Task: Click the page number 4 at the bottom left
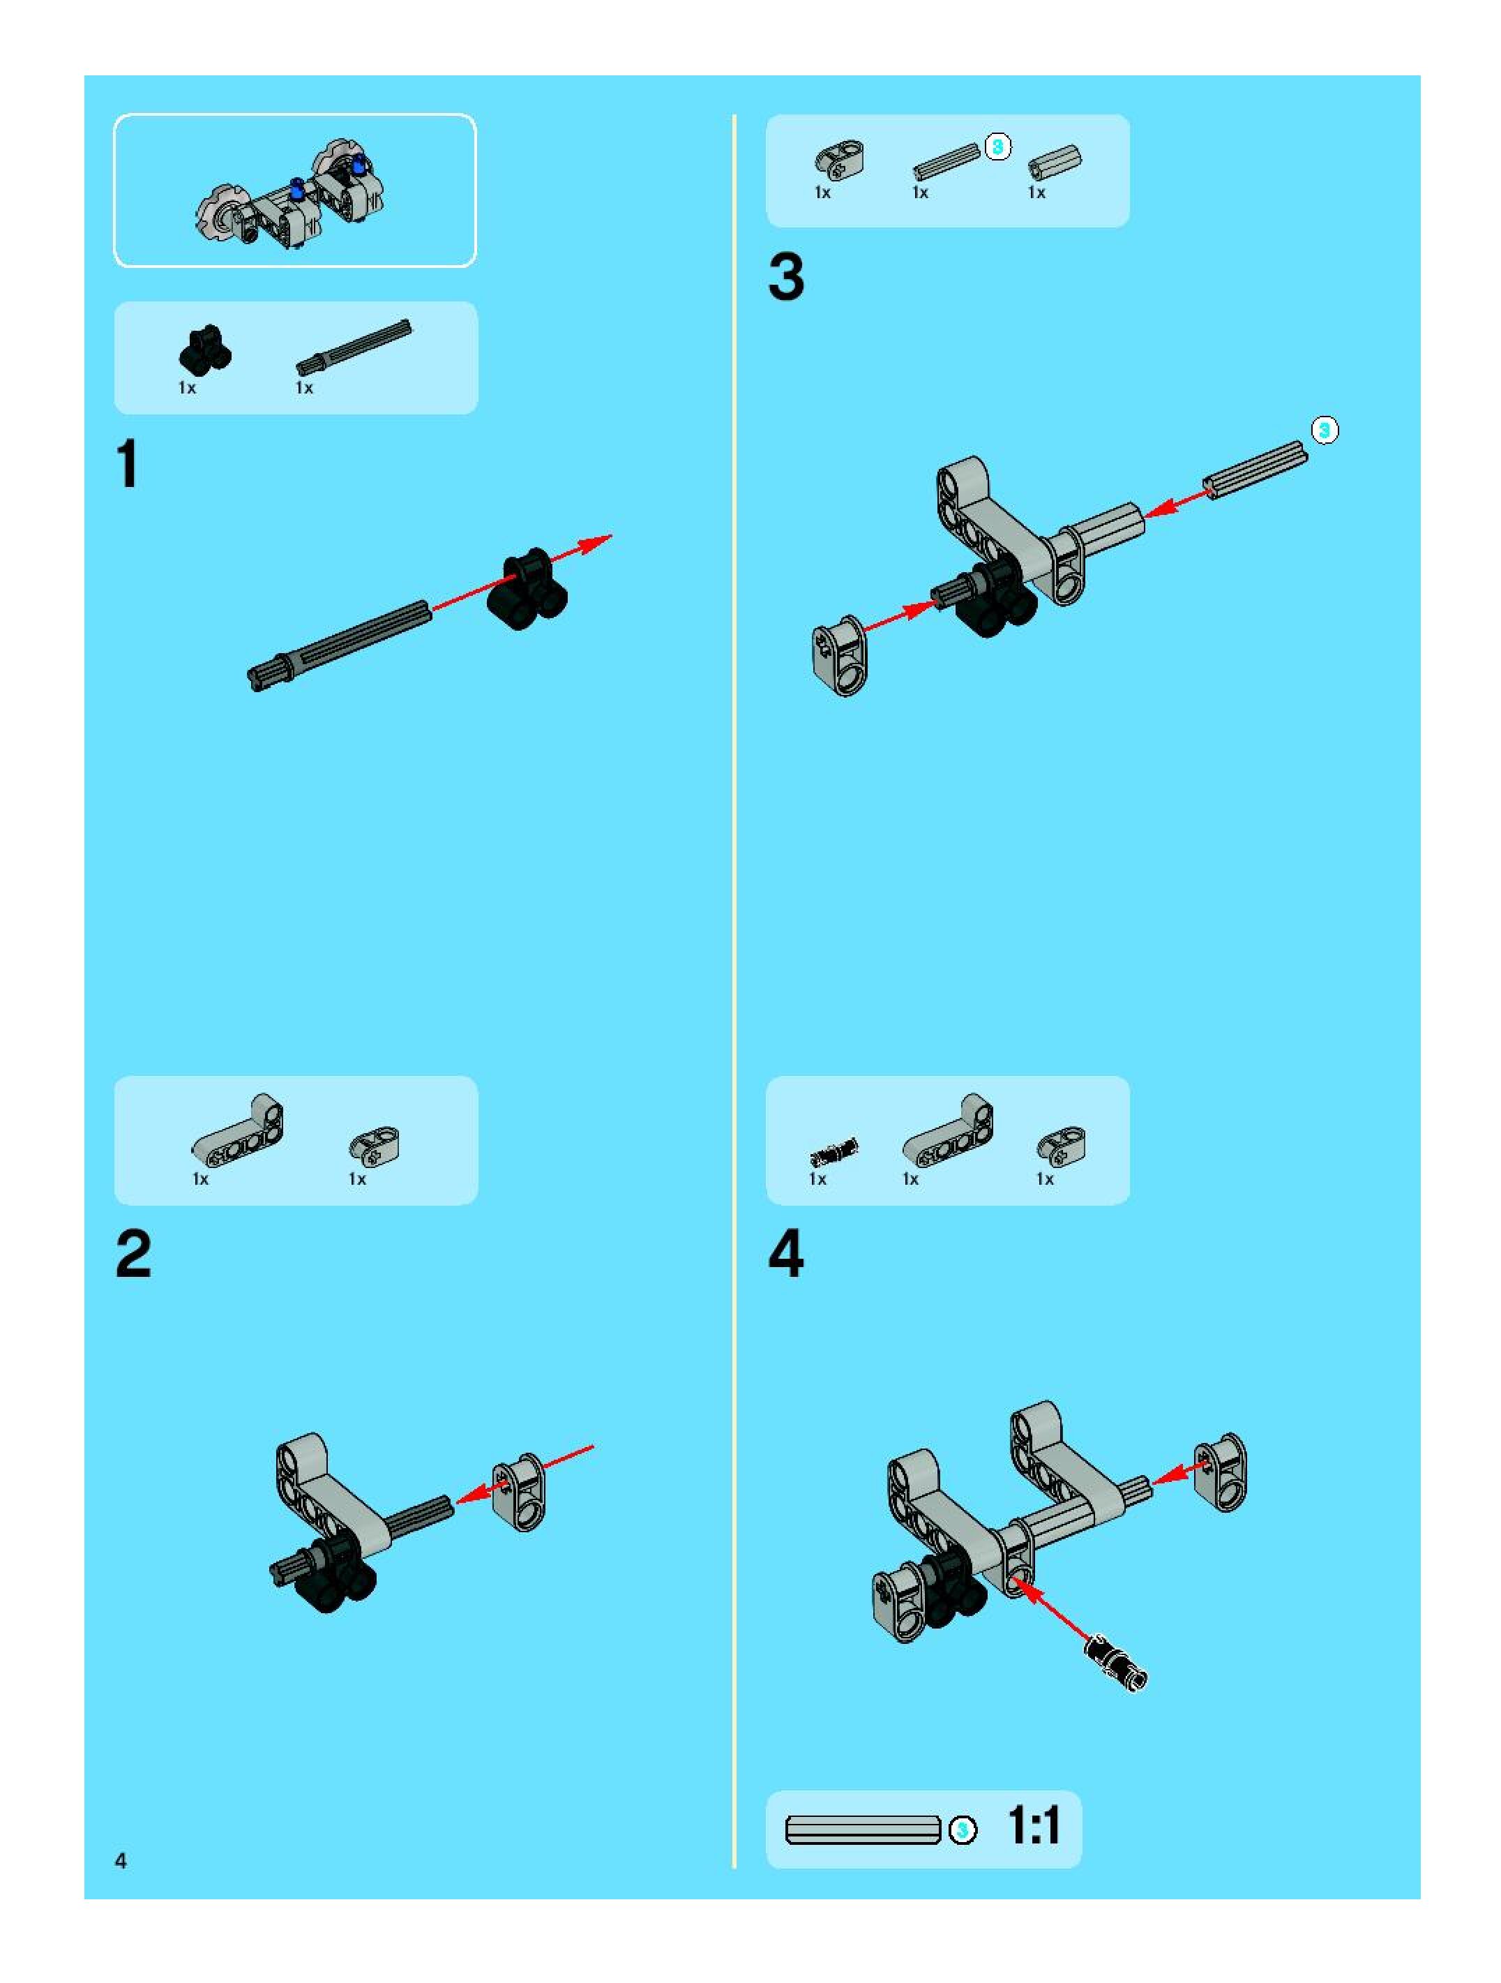click(x=121, y=1860)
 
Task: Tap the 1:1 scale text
click(x=1034, y=1826)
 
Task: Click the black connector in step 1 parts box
click(x=205, y=350)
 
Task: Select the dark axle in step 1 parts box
click(x=354, y=347)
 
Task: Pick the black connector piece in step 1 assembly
click(x=528, y=589)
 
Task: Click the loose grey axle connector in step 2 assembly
click(x=519, y=1492)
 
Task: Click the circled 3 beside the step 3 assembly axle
click(x=1325, y=431)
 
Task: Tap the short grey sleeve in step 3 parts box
click(x=1055, y=163)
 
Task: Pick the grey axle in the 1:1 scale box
click(x=863, y=1829)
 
